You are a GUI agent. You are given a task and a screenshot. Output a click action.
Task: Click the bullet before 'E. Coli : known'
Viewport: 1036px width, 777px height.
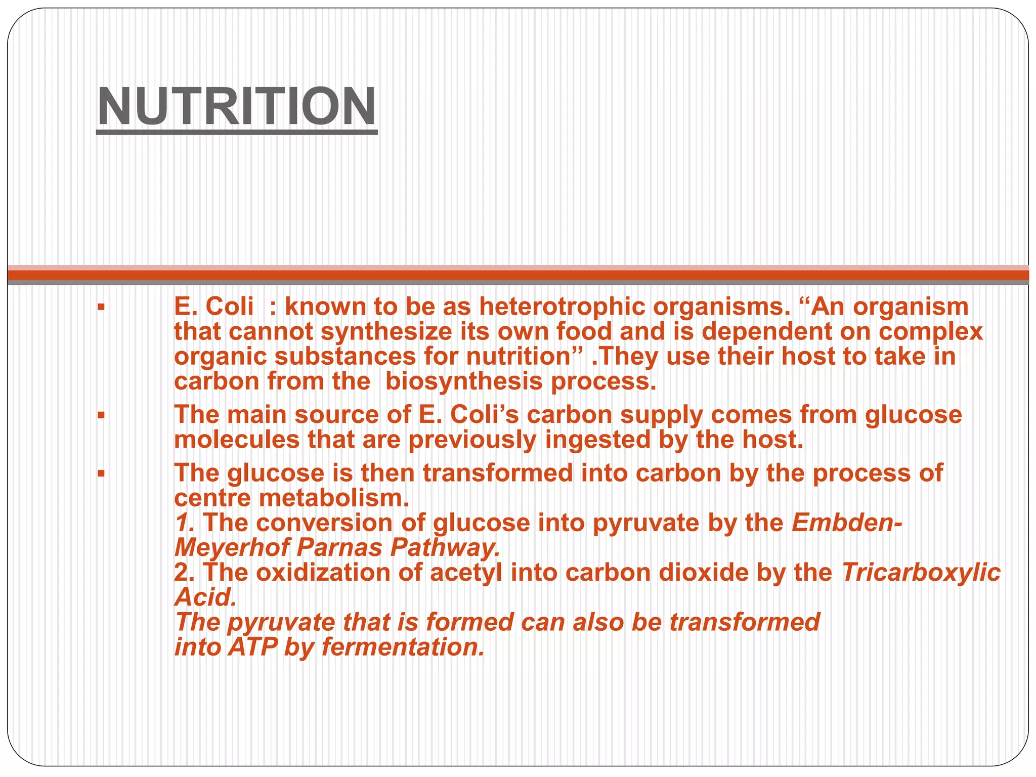101,307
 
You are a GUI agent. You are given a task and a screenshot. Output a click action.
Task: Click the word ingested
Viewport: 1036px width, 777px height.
597,440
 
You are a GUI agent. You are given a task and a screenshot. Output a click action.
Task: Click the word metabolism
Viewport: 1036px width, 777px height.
334,498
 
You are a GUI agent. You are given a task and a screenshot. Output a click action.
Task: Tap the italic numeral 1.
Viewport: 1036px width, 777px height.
184,523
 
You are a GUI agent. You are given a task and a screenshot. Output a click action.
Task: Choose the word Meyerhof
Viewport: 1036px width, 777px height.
231,548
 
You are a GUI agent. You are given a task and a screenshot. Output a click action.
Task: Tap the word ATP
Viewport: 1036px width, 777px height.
252,647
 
